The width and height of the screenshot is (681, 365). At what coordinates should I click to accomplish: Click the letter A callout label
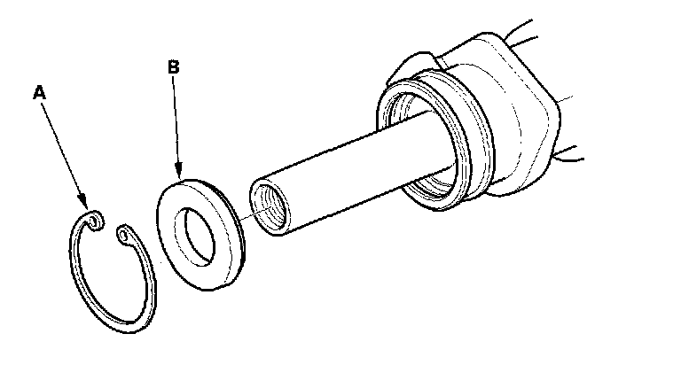point(38,91)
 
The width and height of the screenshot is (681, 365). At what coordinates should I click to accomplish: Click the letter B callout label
point(174,66)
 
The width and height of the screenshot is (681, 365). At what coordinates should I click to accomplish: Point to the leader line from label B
point(177,124)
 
